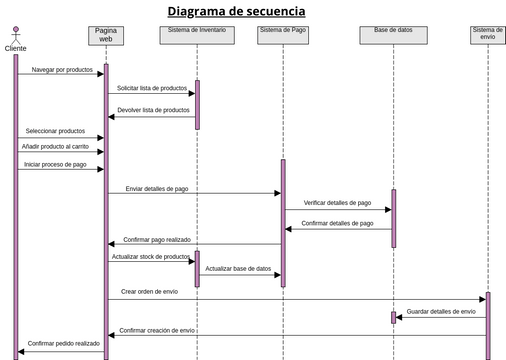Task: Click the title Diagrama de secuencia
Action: [237, 12]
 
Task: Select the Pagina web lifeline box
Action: [106, 35]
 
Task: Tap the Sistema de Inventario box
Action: [197, 33]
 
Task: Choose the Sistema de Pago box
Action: [282, 33]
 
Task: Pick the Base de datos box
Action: [393, 33]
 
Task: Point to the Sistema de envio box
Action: [488, 35]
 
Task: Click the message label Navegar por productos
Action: [62, 70]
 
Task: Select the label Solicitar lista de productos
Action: [152, 89]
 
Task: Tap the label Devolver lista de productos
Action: [153, 110]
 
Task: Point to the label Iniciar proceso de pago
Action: [56, 164]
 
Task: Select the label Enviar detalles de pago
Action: [156, 188]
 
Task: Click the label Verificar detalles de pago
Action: [337, 203]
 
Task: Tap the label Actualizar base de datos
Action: [238, 269]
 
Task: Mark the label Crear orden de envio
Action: [150, 292]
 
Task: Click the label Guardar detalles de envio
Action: [441, 312]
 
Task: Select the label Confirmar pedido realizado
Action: [64, 343]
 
